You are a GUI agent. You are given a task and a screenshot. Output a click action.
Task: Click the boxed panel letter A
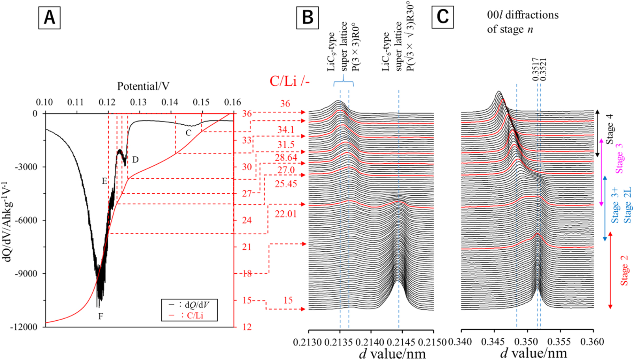49,17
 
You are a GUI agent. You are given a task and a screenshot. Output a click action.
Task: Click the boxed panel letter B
307,17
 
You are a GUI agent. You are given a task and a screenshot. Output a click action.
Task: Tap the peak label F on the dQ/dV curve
100,316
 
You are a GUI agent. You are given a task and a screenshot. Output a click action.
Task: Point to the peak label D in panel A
136,159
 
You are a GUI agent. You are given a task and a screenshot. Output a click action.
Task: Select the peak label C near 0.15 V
188,133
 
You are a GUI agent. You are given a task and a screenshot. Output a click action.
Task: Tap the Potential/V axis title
143,86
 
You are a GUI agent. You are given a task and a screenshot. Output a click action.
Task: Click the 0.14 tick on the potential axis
170,102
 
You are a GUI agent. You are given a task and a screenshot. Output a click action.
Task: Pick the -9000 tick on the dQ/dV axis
26,274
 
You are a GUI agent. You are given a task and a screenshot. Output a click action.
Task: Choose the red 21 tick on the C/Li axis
247,247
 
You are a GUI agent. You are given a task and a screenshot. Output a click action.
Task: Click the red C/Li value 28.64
286,157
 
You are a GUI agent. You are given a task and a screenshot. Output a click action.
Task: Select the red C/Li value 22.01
286,214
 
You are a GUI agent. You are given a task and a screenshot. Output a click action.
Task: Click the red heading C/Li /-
290,81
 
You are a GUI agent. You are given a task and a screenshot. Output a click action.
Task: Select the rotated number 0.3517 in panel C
535,70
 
